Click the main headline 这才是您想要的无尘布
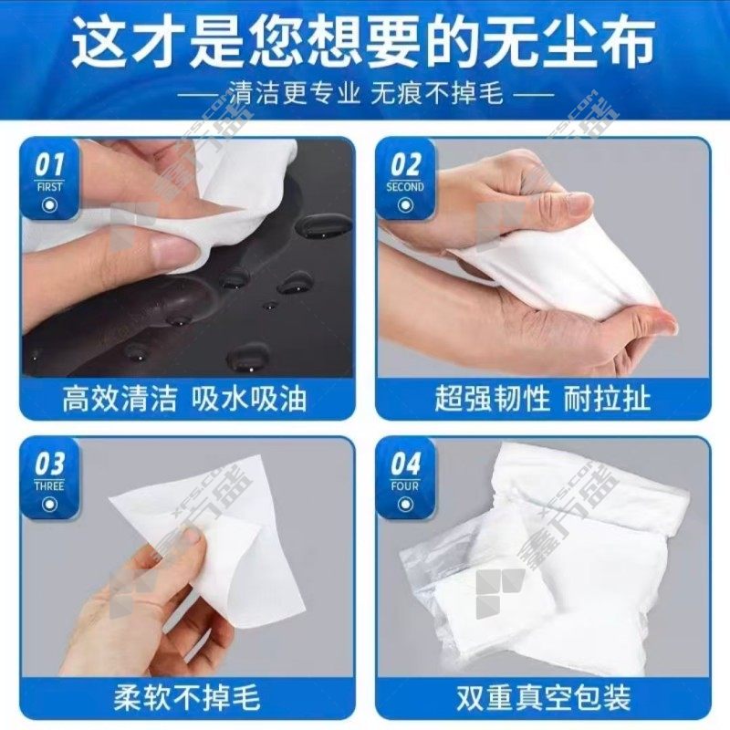363,43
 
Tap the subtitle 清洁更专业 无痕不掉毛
366,92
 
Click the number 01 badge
49,165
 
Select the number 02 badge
405,165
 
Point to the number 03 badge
49,464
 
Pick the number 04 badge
405,464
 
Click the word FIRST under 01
49,187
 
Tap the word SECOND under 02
405,187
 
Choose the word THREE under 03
49,486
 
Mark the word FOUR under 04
405,486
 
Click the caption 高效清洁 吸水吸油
185,399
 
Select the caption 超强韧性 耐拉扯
543,399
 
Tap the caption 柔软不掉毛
187,698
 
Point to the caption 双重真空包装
543,698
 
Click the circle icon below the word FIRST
49,204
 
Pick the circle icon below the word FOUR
405,505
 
